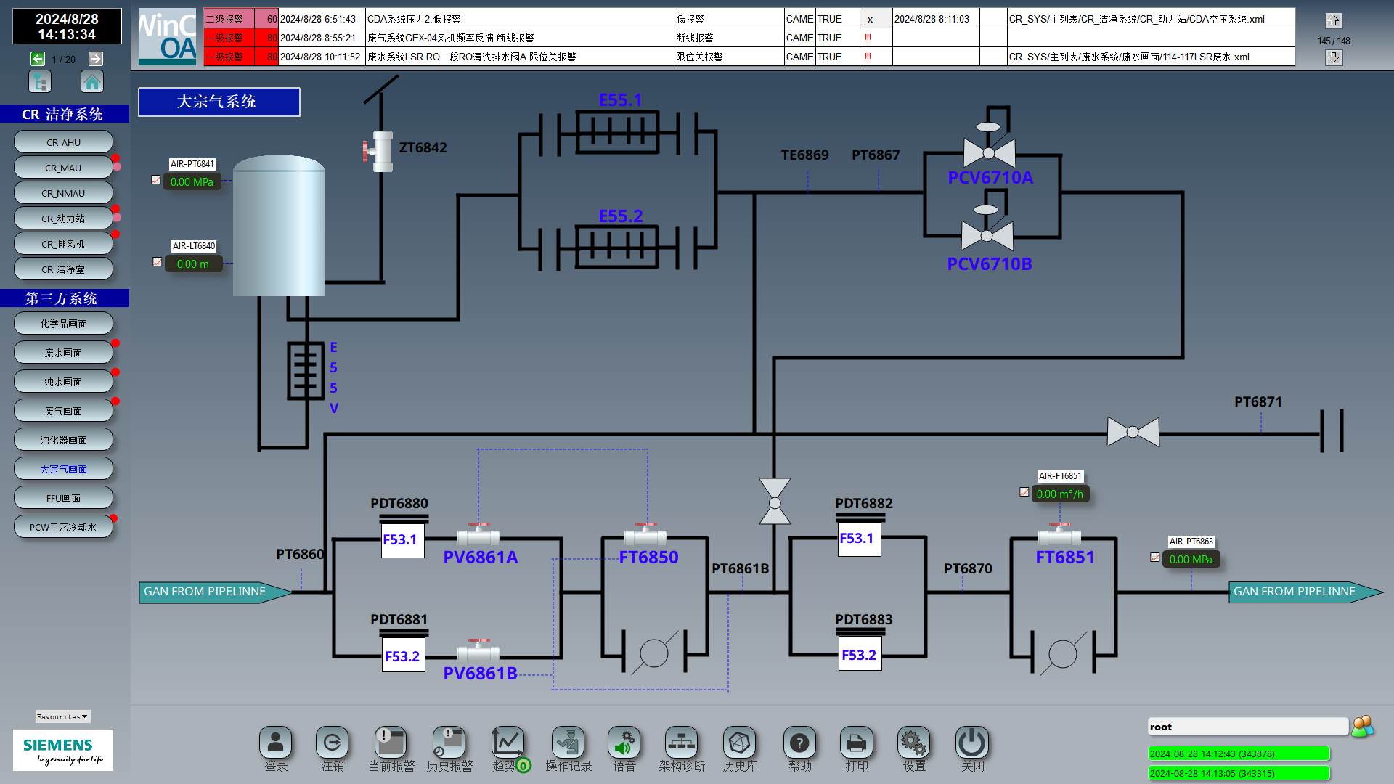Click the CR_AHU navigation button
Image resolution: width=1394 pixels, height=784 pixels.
point(63,142)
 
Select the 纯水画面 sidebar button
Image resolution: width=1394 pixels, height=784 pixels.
point(63,382)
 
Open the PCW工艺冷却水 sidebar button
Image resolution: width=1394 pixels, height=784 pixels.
point(63,527)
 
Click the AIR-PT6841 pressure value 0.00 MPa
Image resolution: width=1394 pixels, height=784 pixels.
point(192,182)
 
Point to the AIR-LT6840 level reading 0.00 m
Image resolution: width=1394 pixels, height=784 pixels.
point(193,264)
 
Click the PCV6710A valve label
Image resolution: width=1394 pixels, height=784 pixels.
point(990,178)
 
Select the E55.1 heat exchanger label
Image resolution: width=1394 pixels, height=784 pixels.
point(620,100)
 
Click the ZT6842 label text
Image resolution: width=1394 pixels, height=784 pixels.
point(423,148)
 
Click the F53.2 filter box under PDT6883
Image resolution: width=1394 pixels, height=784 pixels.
point(860,655)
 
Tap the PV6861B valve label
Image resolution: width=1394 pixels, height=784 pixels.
point(481,674)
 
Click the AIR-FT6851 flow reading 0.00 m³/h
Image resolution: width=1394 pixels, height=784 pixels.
point(1060,494)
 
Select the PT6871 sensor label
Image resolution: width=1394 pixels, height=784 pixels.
point(1258,402)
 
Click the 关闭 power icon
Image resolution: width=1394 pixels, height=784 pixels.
point(971,743)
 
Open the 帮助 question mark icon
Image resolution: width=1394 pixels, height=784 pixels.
point(799,743)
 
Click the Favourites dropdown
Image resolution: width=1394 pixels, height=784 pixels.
point(62,716)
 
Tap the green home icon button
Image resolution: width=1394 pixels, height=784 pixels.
point(92,82)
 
